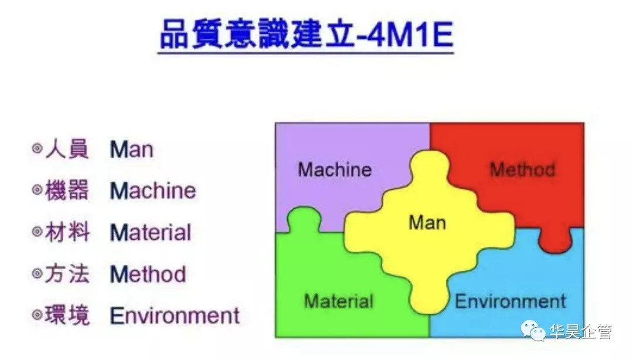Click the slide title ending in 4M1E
coord(306,36)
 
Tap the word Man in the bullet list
coord(131,150)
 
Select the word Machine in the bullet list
coord(153,191)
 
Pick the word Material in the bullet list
coord(151,233)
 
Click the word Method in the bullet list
coord(148,274)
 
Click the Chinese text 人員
coord(67,150)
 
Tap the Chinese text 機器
coord(67,191)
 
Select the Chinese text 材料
coord(67,233)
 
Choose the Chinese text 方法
coord(67,274)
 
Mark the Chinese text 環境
coord(67,315)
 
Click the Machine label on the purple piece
coord(335,170)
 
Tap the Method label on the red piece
coord(522,170)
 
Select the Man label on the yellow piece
coord(427,223)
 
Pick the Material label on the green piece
coord(339,301)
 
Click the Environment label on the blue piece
coord(511,301)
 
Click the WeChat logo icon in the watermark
coord(534,332)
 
